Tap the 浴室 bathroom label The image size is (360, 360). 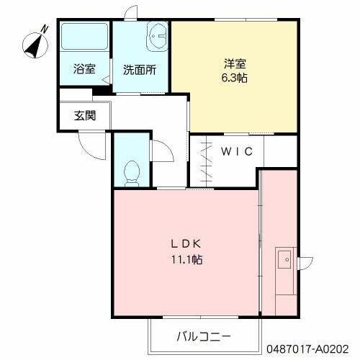click(x=84, y=70)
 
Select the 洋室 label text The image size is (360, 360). click(x=234, y=64)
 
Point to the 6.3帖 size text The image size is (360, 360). click(x=234, y=78)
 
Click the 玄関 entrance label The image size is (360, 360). click(x=84, y=115)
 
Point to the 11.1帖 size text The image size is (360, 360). click(x=185, y=259)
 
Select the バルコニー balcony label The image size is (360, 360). click(x=203, y=336)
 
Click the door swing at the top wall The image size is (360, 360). click(x=130, y=14)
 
